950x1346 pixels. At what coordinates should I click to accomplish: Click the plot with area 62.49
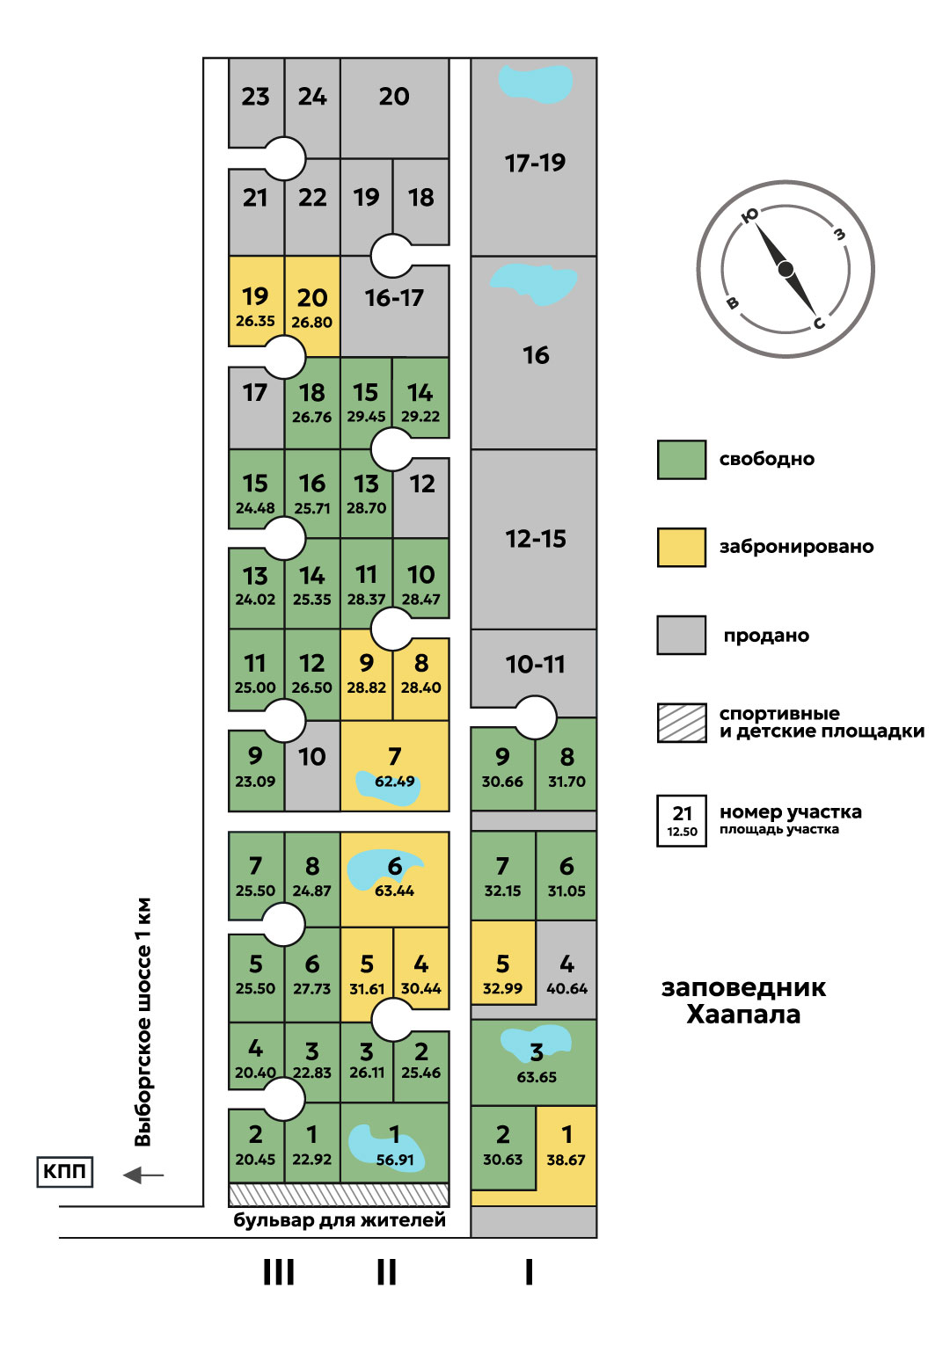(x=394, y=766)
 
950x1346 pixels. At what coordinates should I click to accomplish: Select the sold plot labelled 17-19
(x=534, y=163)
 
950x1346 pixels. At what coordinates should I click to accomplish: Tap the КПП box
(x=65, y=1172)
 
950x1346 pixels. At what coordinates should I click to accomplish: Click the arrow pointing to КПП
(x=142, y=1175)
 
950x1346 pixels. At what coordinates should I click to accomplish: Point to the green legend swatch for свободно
(x=682, y=460)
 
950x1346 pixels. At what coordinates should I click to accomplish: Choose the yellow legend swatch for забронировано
(x=682, y=547)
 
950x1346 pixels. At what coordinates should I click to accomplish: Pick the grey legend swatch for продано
(x=682, y=635)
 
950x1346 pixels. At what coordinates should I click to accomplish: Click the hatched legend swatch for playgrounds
(x=682, y=723)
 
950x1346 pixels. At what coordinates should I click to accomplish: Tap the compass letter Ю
(x=750, y=215)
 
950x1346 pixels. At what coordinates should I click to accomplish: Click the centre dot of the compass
(x=786, y=269)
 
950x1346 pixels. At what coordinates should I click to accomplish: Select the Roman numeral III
(x=279, y=1272)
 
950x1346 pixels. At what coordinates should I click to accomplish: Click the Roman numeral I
(x=529, y=1272)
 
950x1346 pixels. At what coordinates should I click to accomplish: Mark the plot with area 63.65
(x=535, y=1062)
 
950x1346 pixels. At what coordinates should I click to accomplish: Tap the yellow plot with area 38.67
(x=566, y=1146)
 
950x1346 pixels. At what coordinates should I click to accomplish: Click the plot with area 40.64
(x=566, y=971)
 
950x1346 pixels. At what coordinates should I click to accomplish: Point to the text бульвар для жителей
(x=340, y=1220)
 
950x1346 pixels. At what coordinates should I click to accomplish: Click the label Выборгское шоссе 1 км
(x=143, y=1022)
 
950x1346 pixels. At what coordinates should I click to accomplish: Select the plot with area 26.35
(x=255, y=306)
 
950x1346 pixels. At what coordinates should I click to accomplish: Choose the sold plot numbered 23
(x=255, y=97)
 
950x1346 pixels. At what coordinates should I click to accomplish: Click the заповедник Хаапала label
(x=743, y=1001)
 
